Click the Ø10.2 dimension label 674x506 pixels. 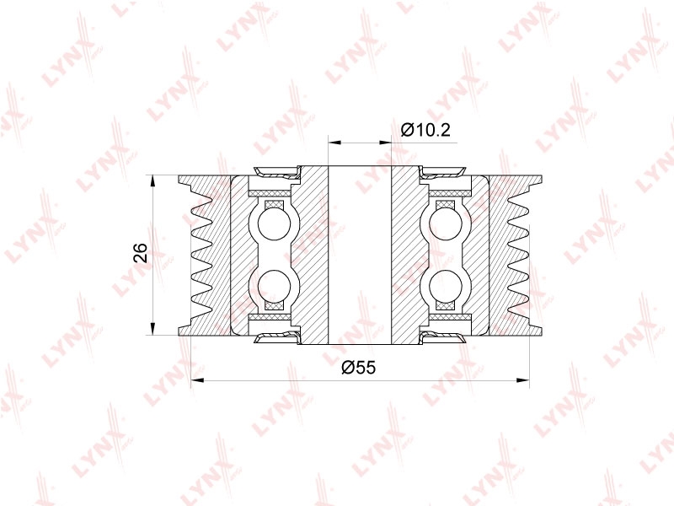click(425, 129)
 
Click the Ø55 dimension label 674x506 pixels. click(359, 367)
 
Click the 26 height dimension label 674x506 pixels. click(141, 252)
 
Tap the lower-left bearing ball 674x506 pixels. click(275, 286)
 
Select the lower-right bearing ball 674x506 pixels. click(446, 286)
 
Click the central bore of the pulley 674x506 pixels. click(360, 255)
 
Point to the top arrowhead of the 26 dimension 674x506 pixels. click(152, 180)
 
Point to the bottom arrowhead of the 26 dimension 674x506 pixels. click(152, 329)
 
